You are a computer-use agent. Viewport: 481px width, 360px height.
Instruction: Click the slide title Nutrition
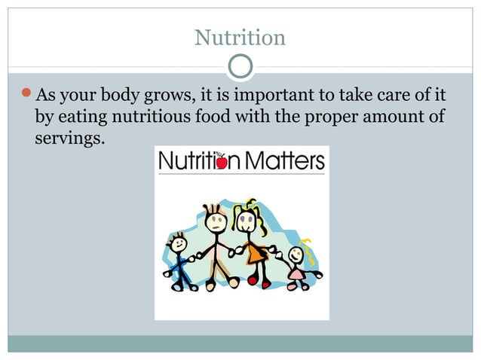point(240,37)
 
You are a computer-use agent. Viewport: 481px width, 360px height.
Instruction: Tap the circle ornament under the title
point(240,66)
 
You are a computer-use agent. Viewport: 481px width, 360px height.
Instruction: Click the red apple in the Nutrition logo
point(222,162)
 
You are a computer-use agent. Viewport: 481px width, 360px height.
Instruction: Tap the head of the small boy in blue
point(179,243)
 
